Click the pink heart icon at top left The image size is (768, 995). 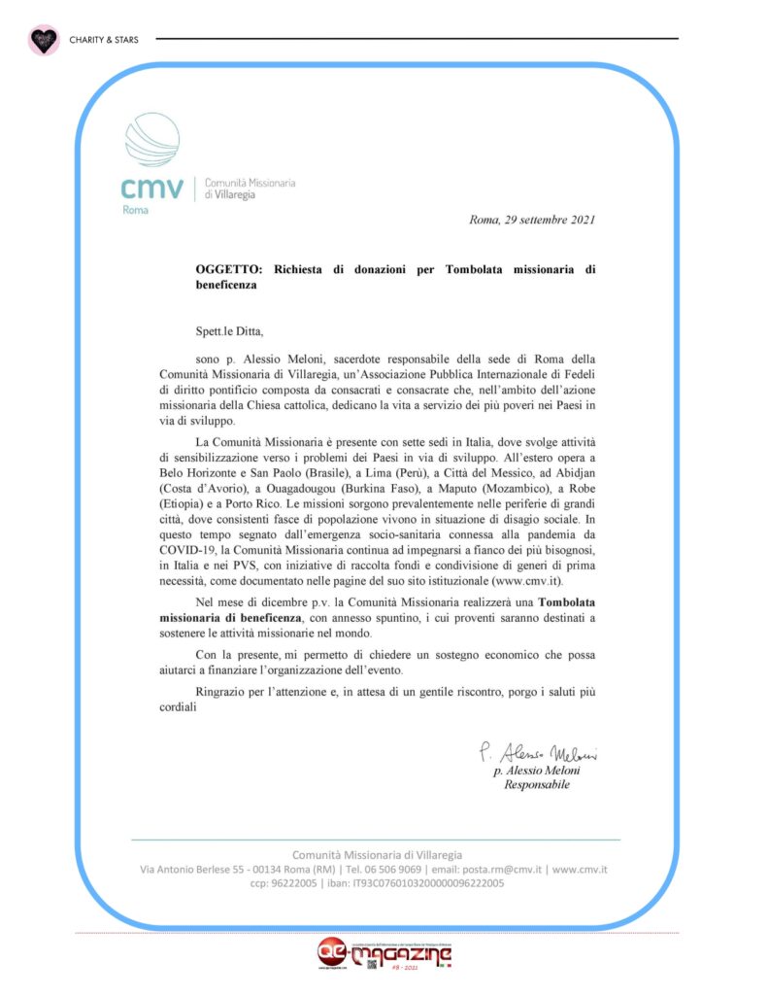click(x=42, y=40)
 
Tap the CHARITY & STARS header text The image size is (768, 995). click(x=104, y=40)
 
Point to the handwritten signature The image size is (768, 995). click(x=536, y=753)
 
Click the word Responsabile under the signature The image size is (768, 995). click(x=537, y=785)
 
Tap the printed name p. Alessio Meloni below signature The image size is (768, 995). click(x=537, y=771)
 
